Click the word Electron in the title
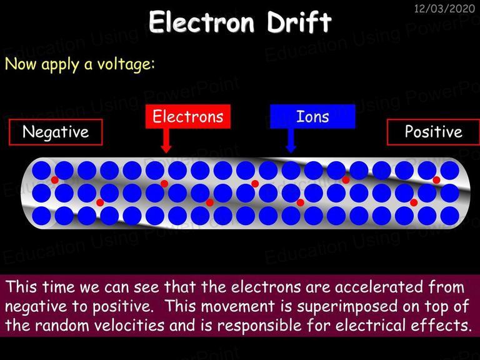[x=202, y=22]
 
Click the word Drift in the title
[x=299, y=22]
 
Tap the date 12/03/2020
[x=444, y=8]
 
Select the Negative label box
[x=56, y=132]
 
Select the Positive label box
[x=433, y=132]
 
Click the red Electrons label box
[x=188, y=117]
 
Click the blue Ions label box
[x=312, y=117]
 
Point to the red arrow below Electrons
[x=166, y=141]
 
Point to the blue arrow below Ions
[x=291, y=141]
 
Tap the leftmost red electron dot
[x=55, y=180]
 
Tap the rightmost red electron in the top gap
[x=436, y=180]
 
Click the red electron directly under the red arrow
[x=164, y=184]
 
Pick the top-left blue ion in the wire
[x=41, y=170]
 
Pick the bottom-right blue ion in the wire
[x=450, y=216]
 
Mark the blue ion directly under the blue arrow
[x=291, y=170]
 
